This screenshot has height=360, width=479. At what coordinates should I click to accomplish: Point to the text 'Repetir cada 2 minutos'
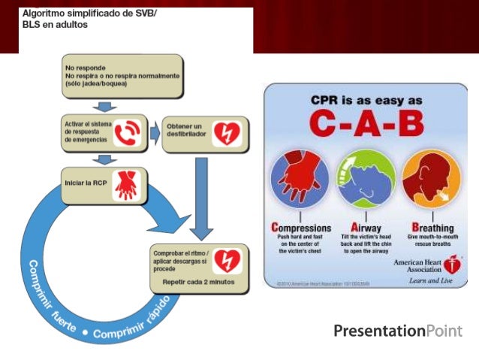click(x=192, y=282)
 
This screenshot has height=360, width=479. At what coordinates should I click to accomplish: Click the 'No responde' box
click(x=119, y=76)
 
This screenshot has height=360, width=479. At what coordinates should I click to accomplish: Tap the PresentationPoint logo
click(x=398, y=331)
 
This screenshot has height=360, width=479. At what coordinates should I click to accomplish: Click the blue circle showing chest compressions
click(x=299, y=181)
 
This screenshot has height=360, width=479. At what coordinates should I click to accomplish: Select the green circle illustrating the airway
click(x=363, y=181)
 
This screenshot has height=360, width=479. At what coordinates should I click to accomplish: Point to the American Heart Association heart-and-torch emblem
click(x=451, y=265)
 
